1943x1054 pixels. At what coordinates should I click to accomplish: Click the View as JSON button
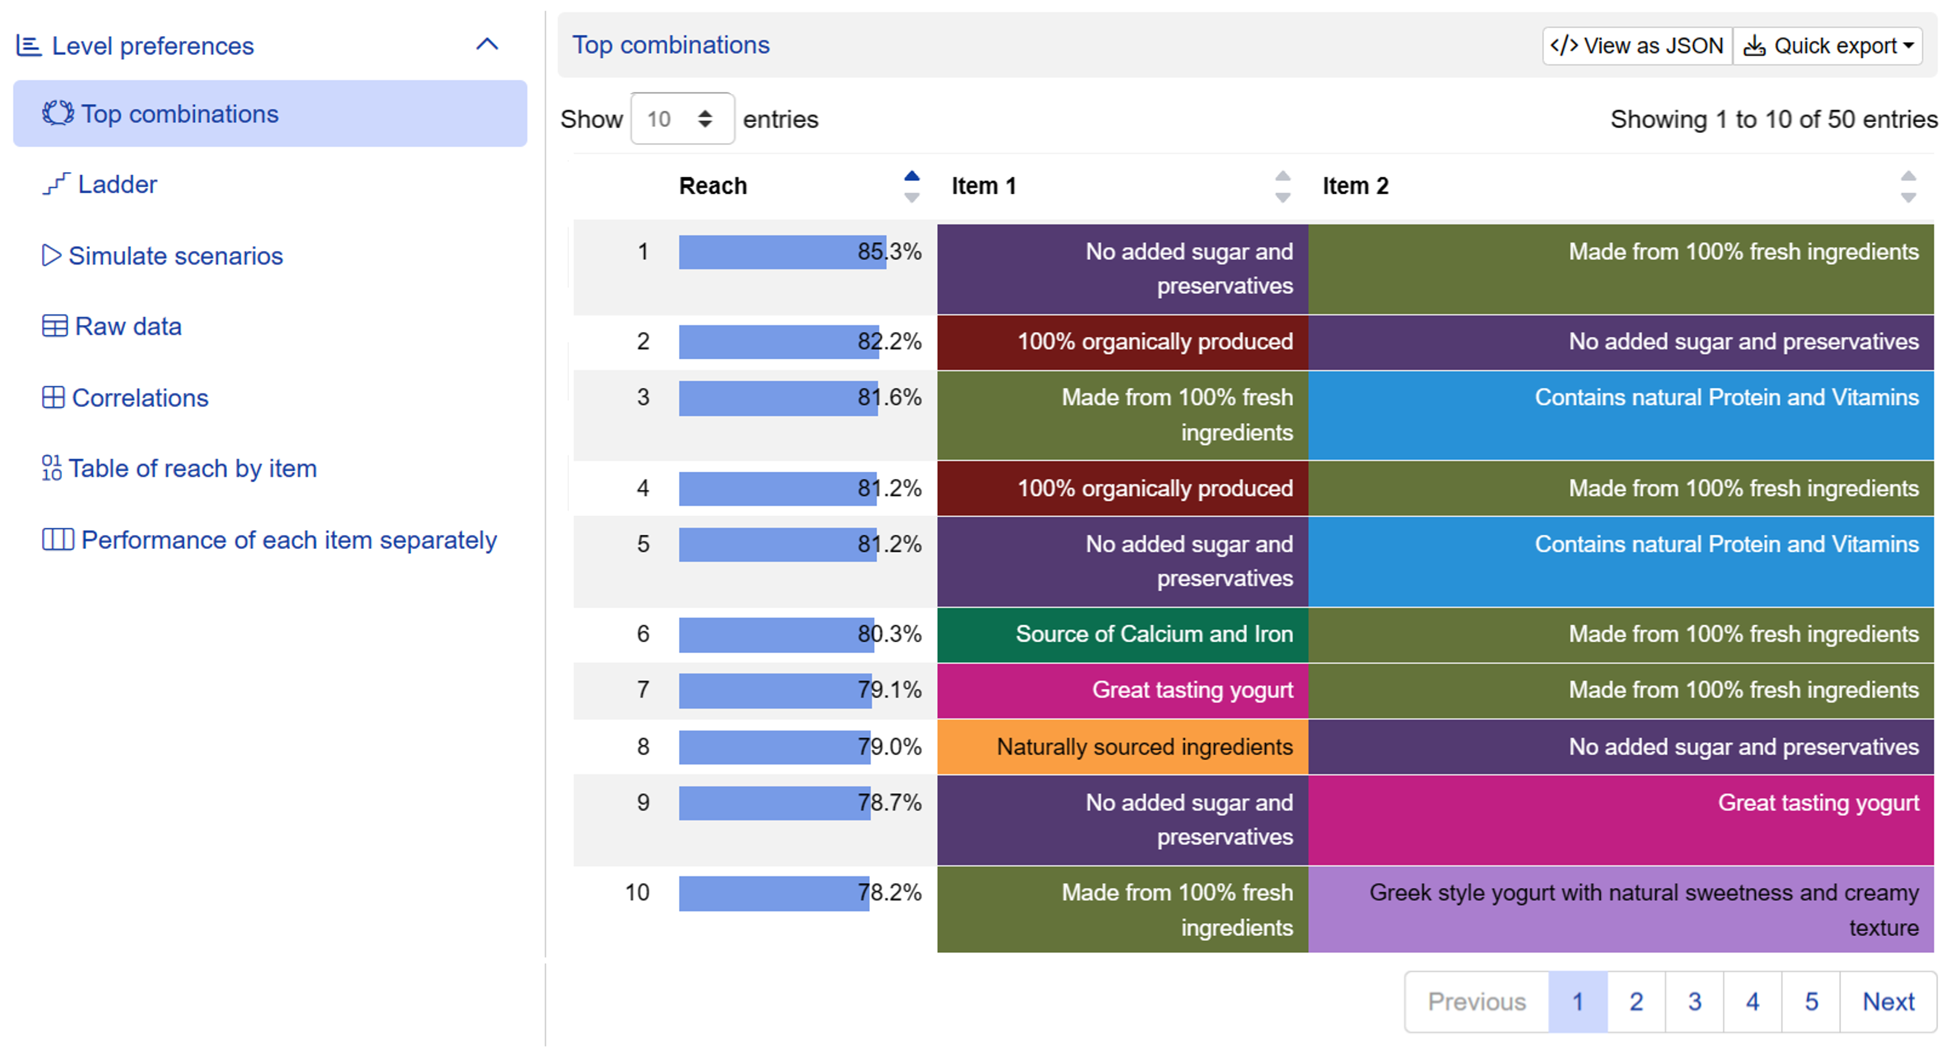[x=1637, y=46]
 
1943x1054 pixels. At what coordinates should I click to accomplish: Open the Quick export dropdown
[x=1828, y=46]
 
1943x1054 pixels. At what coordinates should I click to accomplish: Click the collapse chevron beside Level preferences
[x=487, y=44]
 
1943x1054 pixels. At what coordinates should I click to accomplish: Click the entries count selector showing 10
[x=683, y=119]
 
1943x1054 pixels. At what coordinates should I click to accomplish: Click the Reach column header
[x=713, y=186]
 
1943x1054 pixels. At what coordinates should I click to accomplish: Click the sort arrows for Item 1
[x=1282, y=186]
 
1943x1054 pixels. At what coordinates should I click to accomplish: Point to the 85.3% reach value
[x=889, y=252]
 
